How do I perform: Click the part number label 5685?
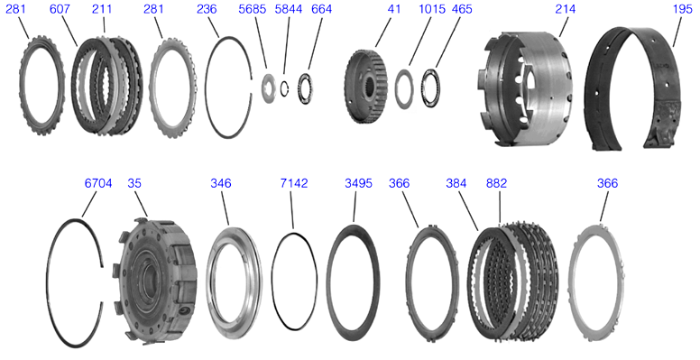[x=253, y=9]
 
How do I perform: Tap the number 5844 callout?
[x=289, y=9]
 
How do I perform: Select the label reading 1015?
[x=432, y=9]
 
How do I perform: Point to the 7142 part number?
[x=294, y=183]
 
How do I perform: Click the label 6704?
[x=98, y=183]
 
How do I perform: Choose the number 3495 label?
[x=358, y=183]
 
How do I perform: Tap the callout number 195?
[x=682, y=9]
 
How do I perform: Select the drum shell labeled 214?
[x=525, y=88]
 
